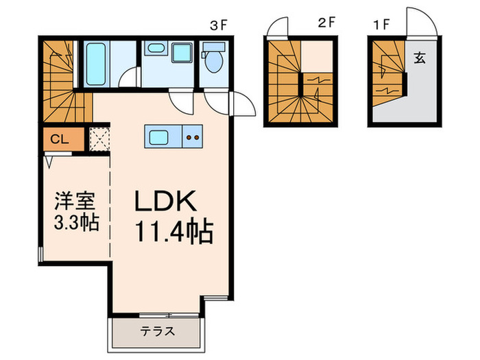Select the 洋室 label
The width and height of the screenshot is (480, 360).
click(x=71, y=203)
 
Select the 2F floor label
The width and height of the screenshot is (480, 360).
click(x=326, y=21)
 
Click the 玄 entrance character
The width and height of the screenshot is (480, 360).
click(x=420, y=58)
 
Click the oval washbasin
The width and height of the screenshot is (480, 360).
click(x=156, y=49)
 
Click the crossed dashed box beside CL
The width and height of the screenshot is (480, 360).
click(x=99, y=139)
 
